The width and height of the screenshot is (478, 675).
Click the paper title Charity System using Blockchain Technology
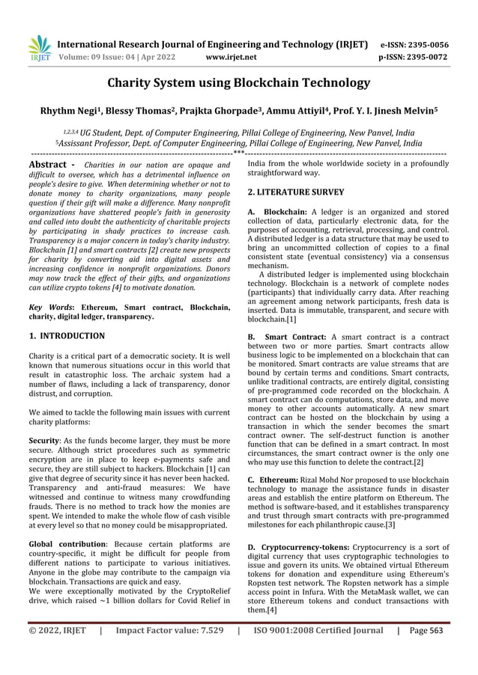click(x=239, y=82)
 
